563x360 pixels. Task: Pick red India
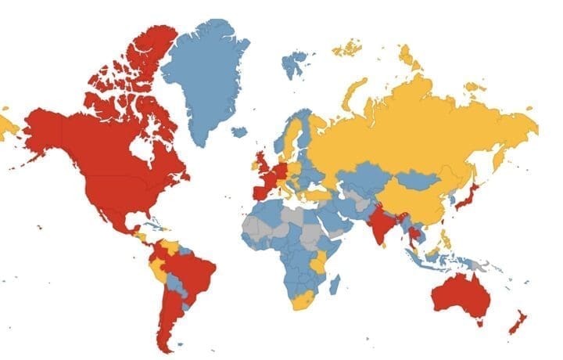click(381, 223)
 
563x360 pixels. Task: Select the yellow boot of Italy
click(292, 187)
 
